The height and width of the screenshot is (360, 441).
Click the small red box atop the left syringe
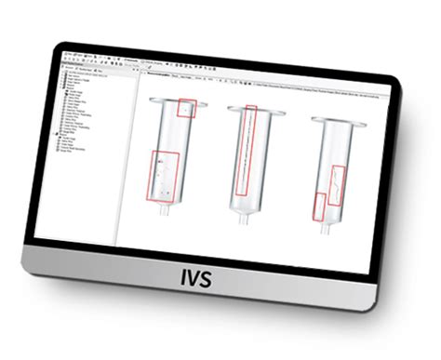point(187,109)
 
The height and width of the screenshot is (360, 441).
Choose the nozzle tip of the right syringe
point(325,228)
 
